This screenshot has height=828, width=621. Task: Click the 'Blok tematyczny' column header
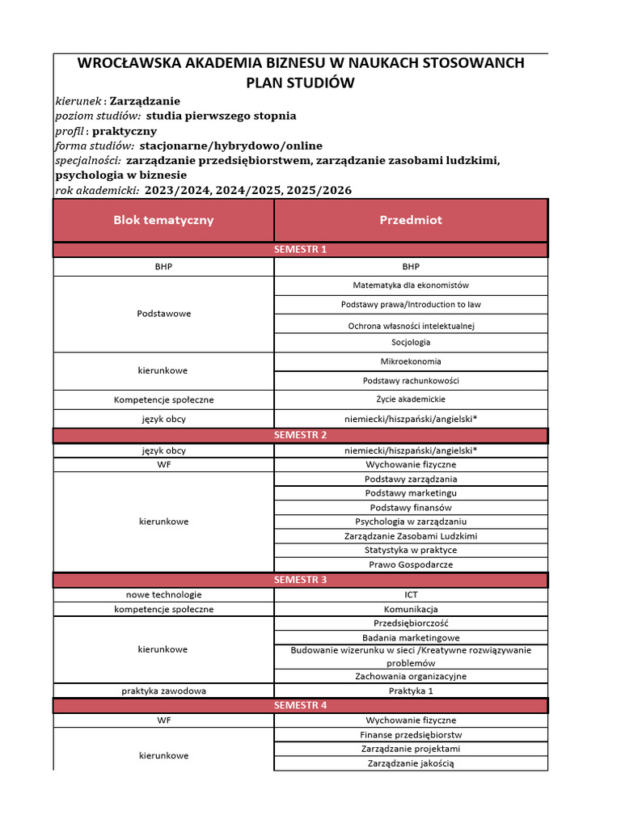pos(163,220)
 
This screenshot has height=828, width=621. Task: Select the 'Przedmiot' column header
pos(411,220)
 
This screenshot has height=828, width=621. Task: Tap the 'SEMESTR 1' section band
pos(300,249)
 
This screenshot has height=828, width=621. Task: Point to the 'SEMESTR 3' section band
pos(300,580)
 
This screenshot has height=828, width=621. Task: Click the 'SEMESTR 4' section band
pos(300,705)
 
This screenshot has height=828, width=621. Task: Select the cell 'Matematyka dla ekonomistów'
pos(411,285)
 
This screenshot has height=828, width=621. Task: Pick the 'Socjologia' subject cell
pos(411,342)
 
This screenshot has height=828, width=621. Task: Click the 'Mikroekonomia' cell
pos(411,361)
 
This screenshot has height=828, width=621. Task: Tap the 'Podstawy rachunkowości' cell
pos(411,380)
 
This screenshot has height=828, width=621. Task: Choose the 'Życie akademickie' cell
pos(411,399)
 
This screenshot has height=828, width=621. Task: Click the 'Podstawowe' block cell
pos(163,314)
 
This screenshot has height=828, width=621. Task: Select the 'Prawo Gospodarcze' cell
pos(411,564)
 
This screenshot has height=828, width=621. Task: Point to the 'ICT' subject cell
pos(411,594)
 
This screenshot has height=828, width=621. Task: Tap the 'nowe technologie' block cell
pos(163,594)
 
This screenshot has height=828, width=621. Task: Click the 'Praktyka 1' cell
pos(411,691)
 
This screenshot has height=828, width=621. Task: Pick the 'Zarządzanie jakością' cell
pos(411,763)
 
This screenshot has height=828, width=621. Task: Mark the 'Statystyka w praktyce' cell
pos(411,550)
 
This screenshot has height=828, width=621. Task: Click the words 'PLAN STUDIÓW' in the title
pos(300,83)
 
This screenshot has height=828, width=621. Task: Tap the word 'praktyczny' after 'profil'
pos(125,131)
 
